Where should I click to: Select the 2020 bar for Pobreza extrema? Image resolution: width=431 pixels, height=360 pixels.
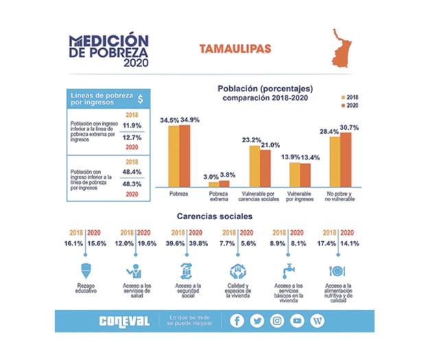[224, 183]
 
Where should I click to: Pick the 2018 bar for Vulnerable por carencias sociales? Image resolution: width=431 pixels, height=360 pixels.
[255, 167]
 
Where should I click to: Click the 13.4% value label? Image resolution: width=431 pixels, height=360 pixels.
[310, 157]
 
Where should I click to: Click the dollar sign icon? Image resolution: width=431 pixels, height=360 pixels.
[141, 98]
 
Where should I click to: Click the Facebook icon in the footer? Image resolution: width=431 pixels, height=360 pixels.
[237, 321]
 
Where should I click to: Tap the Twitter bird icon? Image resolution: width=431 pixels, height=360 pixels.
[257, 321]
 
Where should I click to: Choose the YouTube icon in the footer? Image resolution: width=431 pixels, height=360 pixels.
[297, 321]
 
